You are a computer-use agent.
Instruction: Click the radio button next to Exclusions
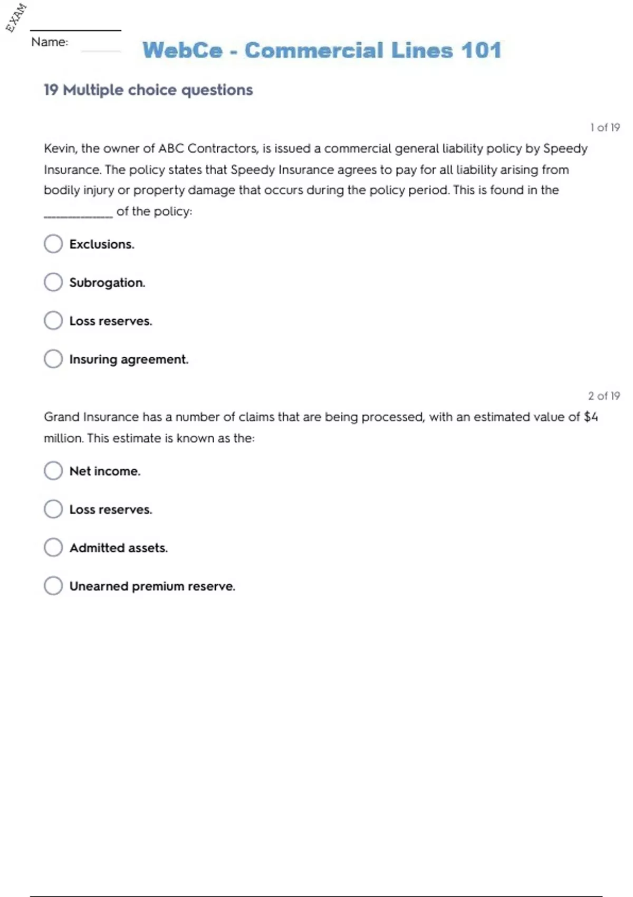pos(53,244)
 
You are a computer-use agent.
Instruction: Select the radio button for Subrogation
pos(53,282)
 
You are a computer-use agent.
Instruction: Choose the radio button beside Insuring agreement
pos(53,359)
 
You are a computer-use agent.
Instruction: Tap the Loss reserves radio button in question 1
pos(53,320)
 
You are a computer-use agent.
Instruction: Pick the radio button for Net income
pos(53,471)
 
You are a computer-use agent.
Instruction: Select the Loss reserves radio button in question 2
pos(53,509)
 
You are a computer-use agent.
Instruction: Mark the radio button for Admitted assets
pos(53,547)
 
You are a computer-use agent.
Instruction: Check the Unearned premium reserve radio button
pos(53,586)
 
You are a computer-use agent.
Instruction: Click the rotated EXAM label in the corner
pos(16,17)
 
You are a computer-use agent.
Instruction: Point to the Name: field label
pos(50,42)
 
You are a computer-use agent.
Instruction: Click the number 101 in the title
pos(481,51)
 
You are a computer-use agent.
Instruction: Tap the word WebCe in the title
pos(183,51)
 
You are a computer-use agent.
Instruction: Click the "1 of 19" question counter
pos(605,127)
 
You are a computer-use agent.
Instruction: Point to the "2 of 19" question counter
pos(604,396)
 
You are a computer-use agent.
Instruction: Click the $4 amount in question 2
pos(591,417)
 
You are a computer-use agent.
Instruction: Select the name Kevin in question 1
pos(60,148)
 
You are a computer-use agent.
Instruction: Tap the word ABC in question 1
pos(170,148)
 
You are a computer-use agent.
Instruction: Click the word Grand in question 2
pos(62,417)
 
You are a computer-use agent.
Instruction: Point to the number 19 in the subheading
pos(51,90)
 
